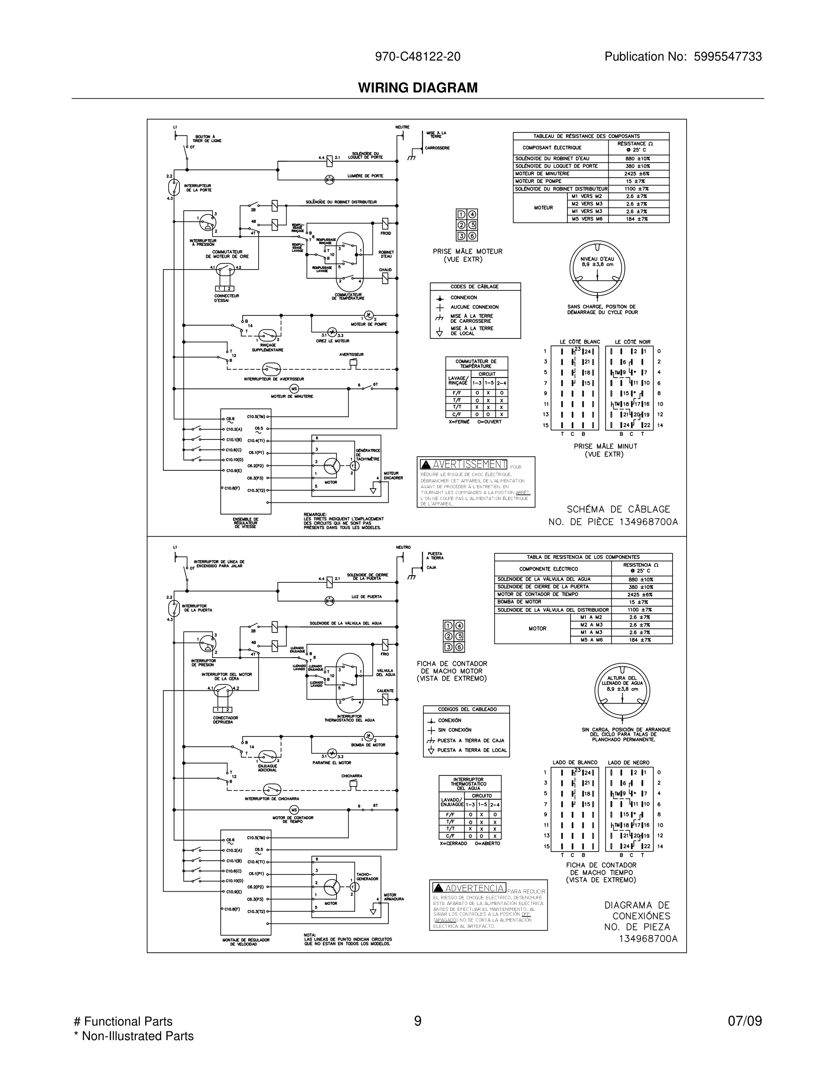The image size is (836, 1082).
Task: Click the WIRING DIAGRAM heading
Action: [x=418, y=88]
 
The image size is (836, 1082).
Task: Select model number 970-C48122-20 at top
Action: [x=418, y=56]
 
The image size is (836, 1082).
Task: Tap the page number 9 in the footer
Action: [x=418, y=1021]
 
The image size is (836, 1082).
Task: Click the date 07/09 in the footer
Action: [x=744, y=1021]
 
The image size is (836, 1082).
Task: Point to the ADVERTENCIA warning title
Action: [x=474, y=888]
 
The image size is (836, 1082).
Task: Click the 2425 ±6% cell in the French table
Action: [x=638, y=174]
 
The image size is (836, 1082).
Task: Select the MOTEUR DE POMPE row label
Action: [x=561, y=181]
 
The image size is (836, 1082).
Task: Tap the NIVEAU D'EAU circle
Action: [x=597, y=267]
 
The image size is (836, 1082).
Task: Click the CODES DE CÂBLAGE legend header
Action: [x=474, y=286]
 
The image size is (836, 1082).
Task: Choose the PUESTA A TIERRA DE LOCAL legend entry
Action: [x=471, y=750]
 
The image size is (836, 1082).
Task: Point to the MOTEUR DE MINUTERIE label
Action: [x=292, y=396]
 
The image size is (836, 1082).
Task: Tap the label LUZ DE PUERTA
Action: [x=367, y=597]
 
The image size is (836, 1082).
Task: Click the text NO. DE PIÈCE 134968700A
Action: [x=612, y=522]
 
